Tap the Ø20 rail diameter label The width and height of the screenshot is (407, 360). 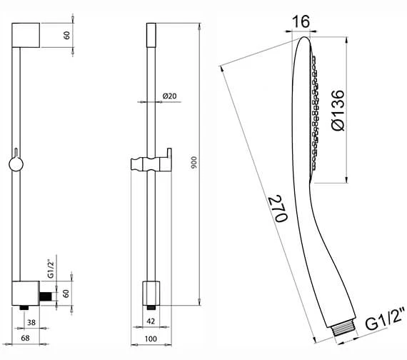[170, 95]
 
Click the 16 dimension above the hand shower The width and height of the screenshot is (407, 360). [301, 22]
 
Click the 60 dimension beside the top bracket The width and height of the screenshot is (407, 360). [66, 35]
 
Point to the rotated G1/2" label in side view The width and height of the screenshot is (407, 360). [50, 269]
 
